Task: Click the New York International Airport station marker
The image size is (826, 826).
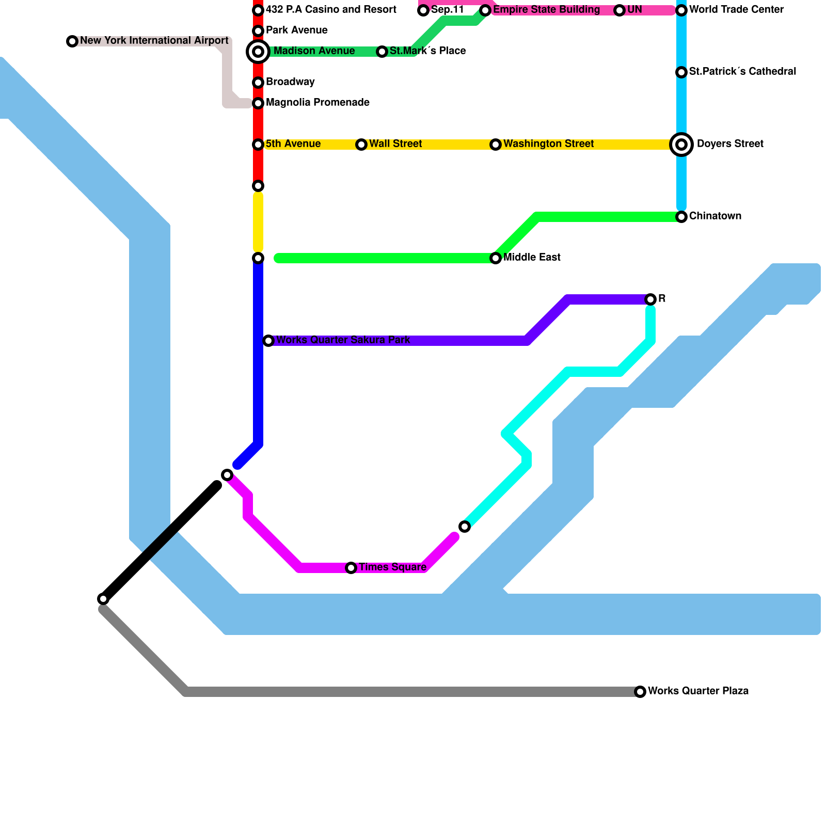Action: [x=72, y=41]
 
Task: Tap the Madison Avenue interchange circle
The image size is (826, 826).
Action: [x=258, y=52]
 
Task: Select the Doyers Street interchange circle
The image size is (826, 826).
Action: [x=681, y=145]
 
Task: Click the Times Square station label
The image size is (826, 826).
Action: [x=392, y=567]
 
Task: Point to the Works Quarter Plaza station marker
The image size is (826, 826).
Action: [x=640, y=692]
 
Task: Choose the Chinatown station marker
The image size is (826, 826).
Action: [x=681, y=217]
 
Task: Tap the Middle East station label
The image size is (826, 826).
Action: [x=532, y=258]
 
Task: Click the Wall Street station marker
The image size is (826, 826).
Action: [x=361, y=145]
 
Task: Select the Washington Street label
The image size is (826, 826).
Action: [x=548, y=144]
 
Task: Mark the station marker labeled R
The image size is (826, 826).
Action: [x=650, y=299]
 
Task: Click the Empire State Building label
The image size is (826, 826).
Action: [x=546, y=10]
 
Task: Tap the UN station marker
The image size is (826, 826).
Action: [x=619, y=10]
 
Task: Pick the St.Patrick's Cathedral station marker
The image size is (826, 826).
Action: [x=681, y=72]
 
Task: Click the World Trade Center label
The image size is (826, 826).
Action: [x=736, y=10]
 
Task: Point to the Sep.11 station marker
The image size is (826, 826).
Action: [x=423, y=10]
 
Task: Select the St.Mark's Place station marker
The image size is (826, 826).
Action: [x=382, y=52]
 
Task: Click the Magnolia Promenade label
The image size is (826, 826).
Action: [x=317, y=103]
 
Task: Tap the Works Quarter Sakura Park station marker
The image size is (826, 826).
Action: [x=268, y=341]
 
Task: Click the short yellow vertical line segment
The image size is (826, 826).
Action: [x=258, y=222]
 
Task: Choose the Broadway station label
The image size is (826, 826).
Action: [x=290, y=82]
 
